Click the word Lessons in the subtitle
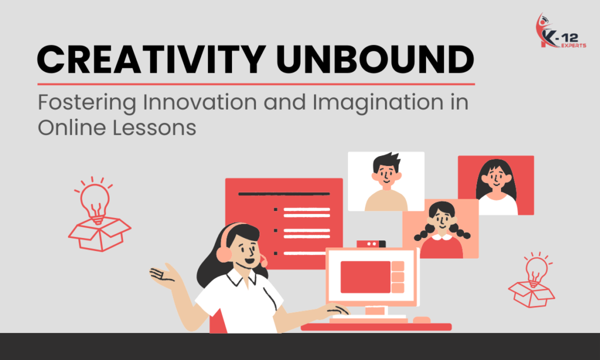pyautogui.click(x=154, y=127)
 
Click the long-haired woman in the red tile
pyautogui.click(x=496, y=181)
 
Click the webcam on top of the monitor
pyautogui.click(x=371, y=243)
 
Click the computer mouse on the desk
pyautogui.click(x=421, y=320)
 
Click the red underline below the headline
pyautogui.click(x=256, y=84)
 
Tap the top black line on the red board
pyautogui.click(x=284, y=193)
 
